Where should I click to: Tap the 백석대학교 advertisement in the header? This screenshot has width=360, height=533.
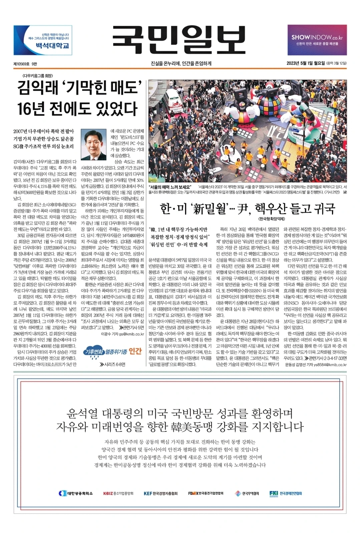pyautogui.click(x=43, y=40)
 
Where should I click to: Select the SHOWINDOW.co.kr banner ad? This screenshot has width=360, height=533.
pyautogui.click(x=317, y=40)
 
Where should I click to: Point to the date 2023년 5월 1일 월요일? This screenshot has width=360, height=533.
pyautogui.click(x=305, y=63)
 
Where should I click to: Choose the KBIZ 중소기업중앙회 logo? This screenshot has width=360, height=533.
pyautogui.click(x=118, y=493)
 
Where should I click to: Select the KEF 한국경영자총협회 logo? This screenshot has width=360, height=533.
pyautogui.click(x=160, y=493)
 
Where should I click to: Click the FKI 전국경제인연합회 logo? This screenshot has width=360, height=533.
pyautogui.click(x=286, y=493)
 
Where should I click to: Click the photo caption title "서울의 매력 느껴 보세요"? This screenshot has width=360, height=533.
pyautogui.click(x=170, y=187)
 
